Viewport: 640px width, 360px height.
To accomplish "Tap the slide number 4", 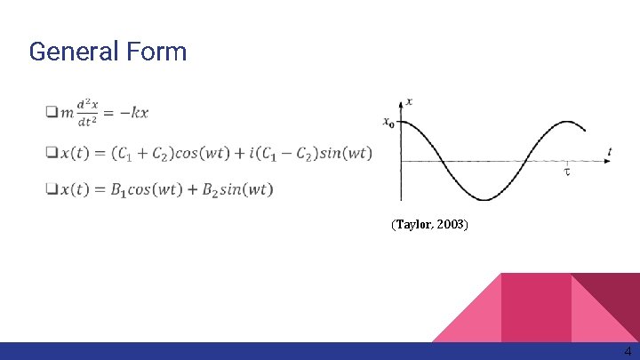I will tap(628, 351).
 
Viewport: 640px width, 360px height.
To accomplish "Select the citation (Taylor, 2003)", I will tap(429, 225).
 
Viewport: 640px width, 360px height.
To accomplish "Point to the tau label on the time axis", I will tap(567, 172).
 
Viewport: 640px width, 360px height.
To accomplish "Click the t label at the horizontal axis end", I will tap(610, 153).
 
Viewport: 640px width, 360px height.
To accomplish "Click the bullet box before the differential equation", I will tap(51, 112).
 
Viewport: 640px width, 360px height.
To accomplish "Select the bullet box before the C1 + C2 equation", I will tap(51, 153).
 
